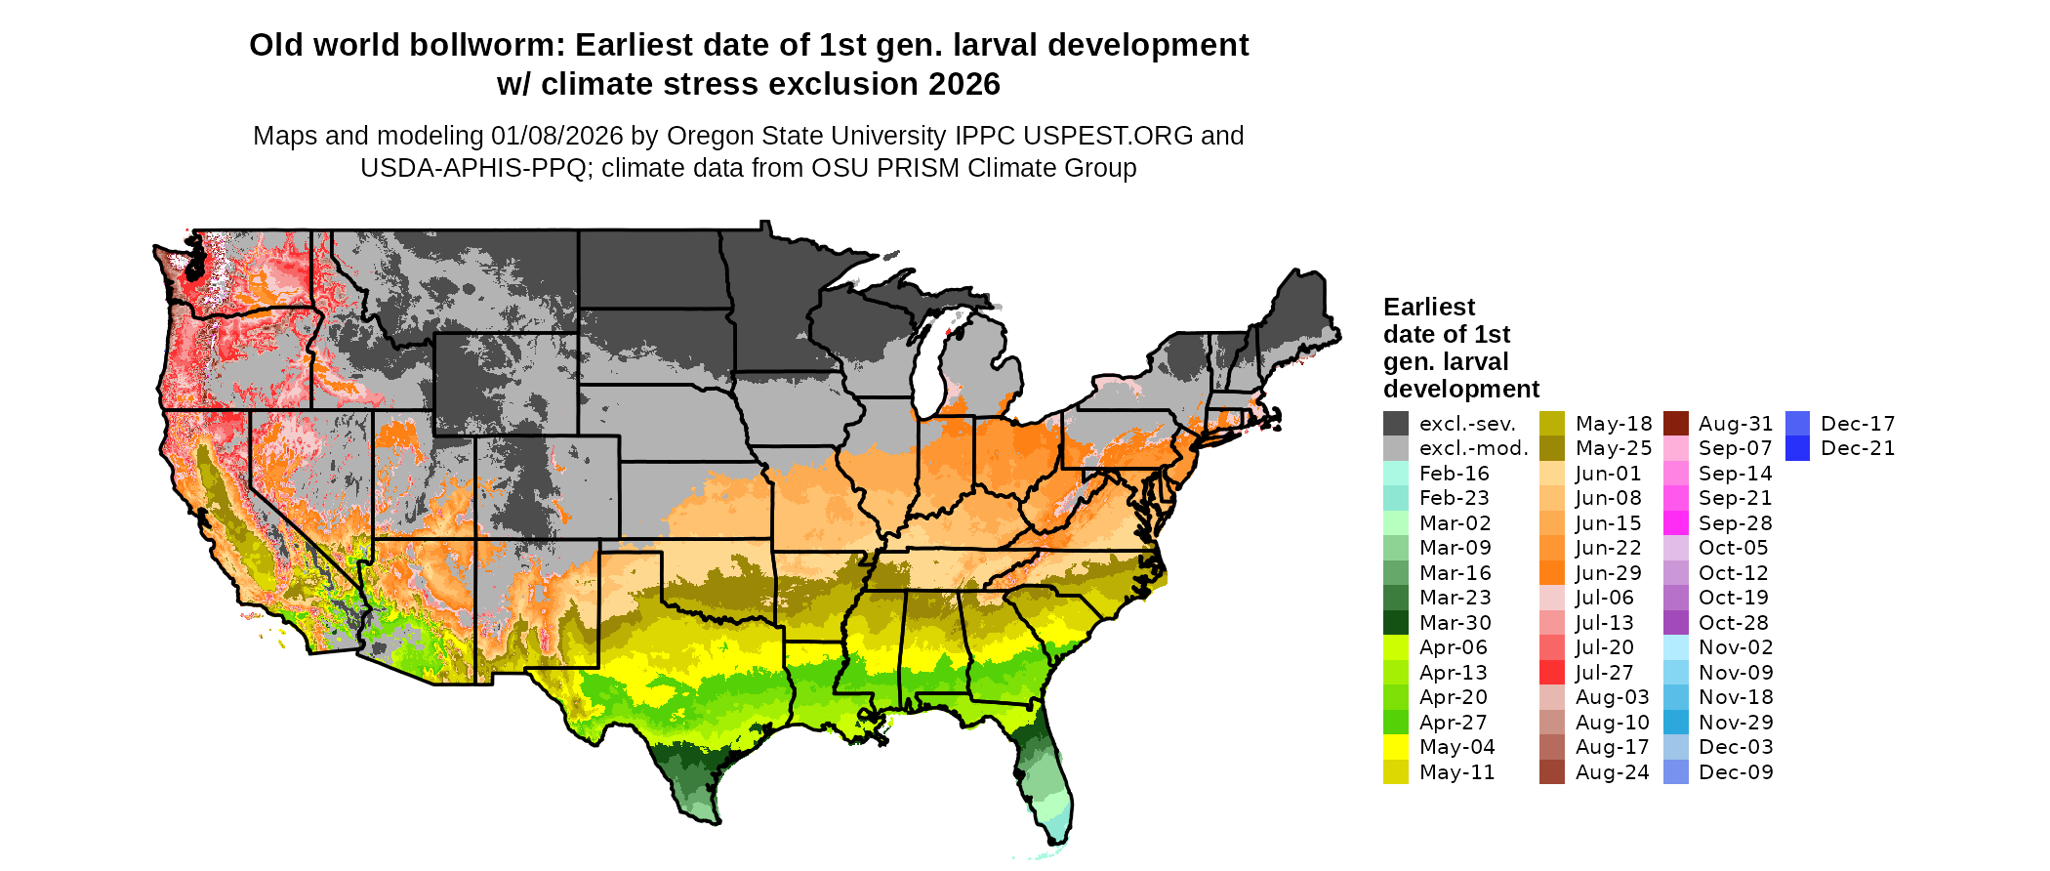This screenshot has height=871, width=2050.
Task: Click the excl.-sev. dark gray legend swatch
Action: point(1395,424)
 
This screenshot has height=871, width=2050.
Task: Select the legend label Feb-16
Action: point(1454,474)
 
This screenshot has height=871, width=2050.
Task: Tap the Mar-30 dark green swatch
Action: point(1395,623)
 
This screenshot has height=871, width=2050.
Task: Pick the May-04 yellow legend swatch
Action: point(1395,747)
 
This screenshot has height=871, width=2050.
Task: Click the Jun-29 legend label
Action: point(1608,573)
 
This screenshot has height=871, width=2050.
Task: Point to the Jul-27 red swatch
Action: point(1551,673)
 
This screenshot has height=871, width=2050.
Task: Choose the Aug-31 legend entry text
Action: point(1735,424)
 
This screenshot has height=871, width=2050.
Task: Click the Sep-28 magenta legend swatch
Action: point(1675,523)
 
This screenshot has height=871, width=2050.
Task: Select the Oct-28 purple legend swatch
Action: point(1675,623)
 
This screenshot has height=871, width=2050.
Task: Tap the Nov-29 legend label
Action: point(1735,723)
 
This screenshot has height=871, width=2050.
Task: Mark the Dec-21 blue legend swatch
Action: point(1797,448)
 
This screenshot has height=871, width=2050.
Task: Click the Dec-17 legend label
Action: point(1858,424)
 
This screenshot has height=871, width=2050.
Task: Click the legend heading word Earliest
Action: point(1428,307)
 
